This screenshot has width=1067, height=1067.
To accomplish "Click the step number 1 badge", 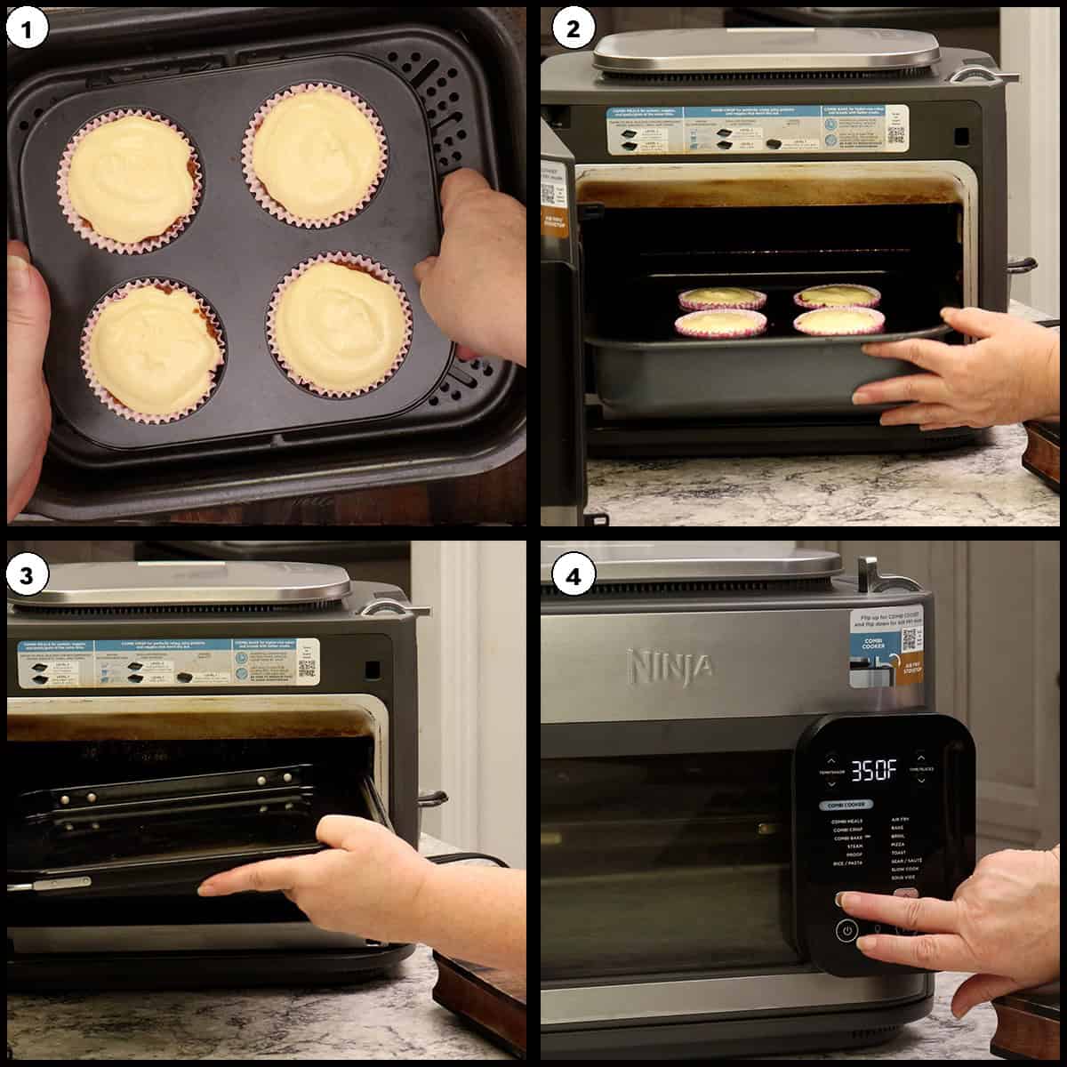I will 28,29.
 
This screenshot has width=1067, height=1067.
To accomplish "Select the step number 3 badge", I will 28,575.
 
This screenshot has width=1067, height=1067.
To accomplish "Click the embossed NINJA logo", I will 670,664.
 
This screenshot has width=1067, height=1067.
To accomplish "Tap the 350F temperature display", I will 874,771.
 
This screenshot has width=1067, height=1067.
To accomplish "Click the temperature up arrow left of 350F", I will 830,761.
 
